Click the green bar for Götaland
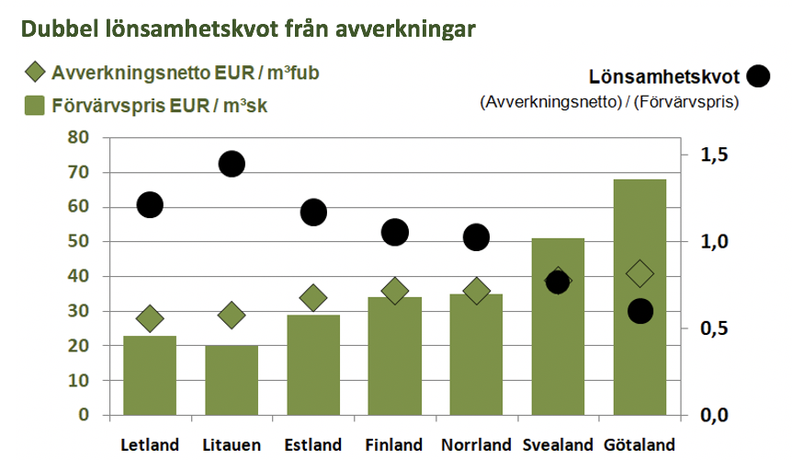pyautogui.click(x=639, y=297)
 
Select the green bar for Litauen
pyautogui.click(x=232, y=380)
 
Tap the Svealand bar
pyautogui.click(x=558, y=327)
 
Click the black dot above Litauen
pyautogui.click(x=232, y=164)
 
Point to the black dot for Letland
pyautogui.click(x=150, y=205)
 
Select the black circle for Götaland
pyautogui.click(x=640, y=311)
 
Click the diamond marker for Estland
pyautogui.click(x=313, y=298)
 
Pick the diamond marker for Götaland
pyautogui.click(x=640, y=274)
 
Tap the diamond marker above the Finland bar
pyautogui.click(x=395, y=291)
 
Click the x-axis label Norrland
pyautogui.click(x=476, y=445)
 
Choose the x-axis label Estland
pyautogui.click(x=313, y=445)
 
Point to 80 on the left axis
pyautogui.click(x=78, y=137)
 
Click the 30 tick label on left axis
pyautogui.click(x=78, y=311)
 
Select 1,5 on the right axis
pyautogui.click(x=714, y=155)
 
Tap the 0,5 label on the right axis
pyautogui.click(x=714, y=328)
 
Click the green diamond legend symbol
pyautogui.click(x=35, y=73)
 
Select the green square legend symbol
pyautogui.click(x=35, y=106)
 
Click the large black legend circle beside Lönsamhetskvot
pyautogui.click(x=758, y=76)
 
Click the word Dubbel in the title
pyautogui.click(x=60, y=29)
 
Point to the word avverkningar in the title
pyautogui.click(x=405, y=29)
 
